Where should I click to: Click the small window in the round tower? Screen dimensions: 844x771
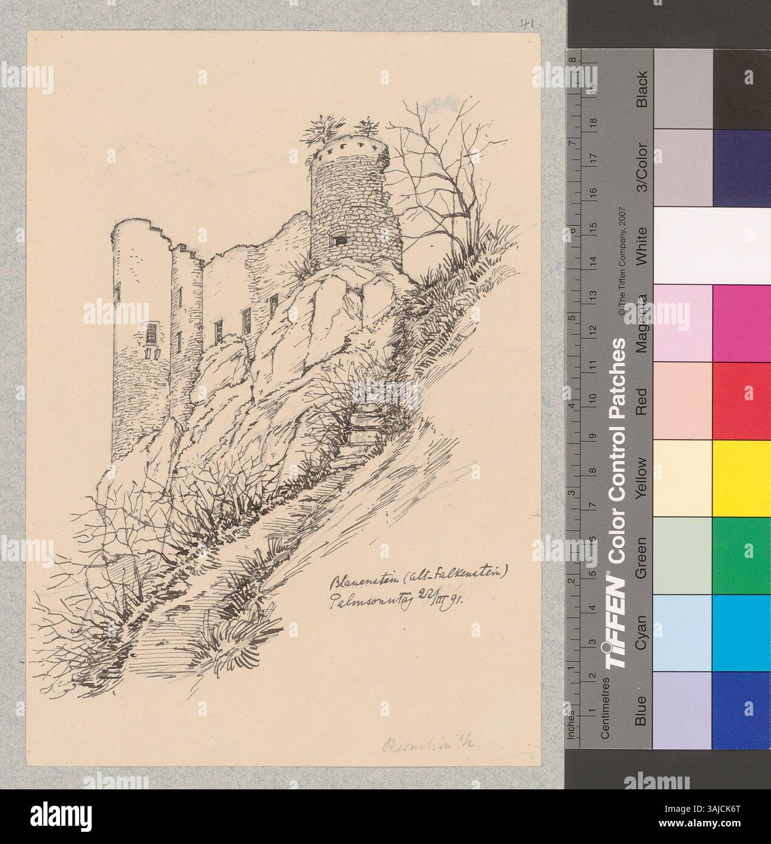coord(338,239)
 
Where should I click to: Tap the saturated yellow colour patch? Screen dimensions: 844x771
coord(741,477)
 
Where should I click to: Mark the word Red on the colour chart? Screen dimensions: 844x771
coord(642,401)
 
